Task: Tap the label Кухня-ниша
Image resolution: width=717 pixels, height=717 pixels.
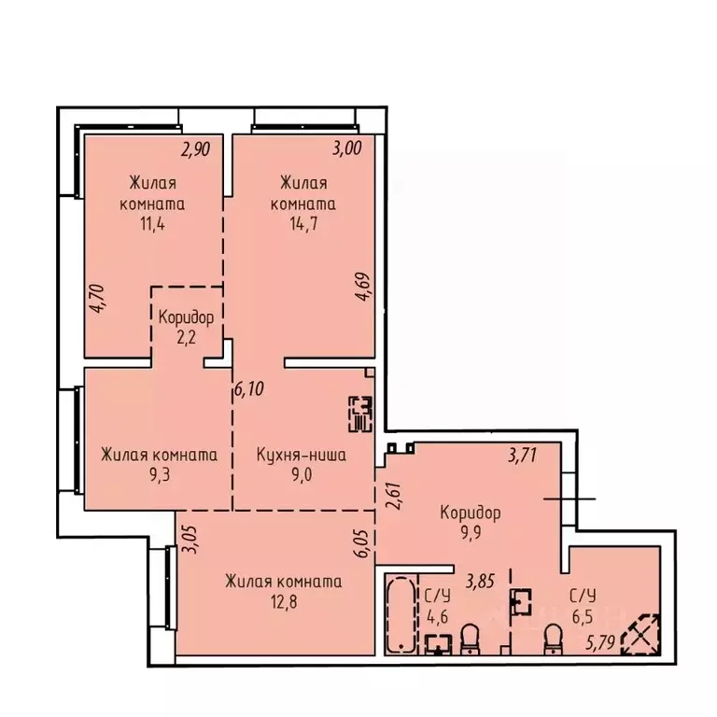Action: (302, 456)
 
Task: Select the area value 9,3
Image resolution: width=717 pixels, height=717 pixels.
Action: (159, 476)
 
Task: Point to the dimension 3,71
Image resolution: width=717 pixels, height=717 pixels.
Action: (523, 456)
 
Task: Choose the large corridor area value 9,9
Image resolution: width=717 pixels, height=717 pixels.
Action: (471, 533)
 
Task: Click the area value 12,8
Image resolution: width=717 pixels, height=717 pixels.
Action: (282, 602)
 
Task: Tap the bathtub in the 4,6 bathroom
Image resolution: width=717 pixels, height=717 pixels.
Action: (401, 614)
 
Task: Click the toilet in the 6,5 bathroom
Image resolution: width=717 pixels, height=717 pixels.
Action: (552, 640)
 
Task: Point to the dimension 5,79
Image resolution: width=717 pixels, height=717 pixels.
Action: (602, 643)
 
